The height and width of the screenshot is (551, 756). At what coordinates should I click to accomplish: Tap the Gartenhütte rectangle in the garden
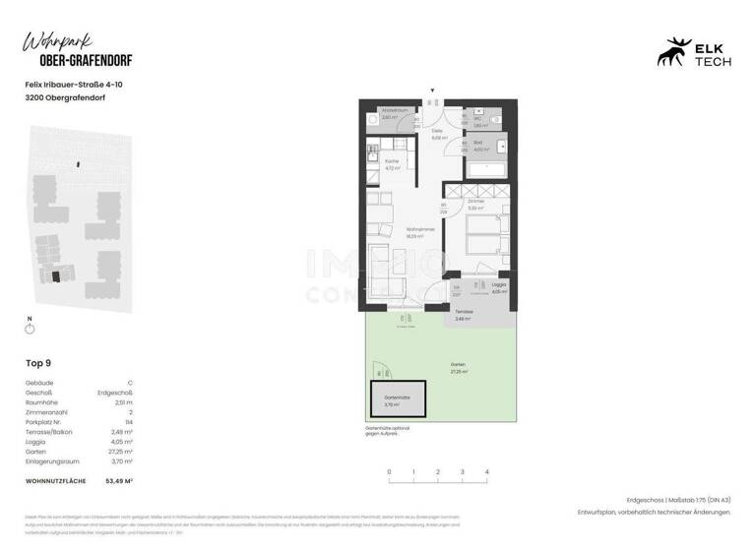tap(397, 401)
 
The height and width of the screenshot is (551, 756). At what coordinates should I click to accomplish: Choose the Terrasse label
tap(464, 314)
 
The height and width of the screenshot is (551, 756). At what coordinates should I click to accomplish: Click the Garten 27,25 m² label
tap(459, 371)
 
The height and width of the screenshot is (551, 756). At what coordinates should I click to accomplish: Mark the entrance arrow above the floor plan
tap(431, 92)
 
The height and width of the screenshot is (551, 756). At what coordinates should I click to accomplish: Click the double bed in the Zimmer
tap(480, 240)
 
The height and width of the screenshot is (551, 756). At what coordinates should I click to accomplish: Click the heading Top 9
tap(37, 363)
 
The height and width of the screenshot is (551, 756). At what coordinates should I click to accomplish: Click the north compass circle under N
tap(31, 329)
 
